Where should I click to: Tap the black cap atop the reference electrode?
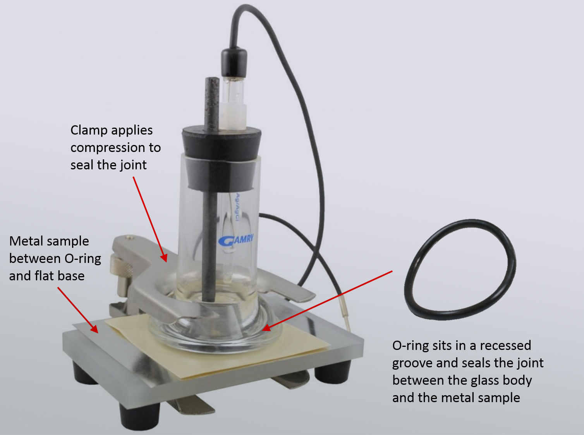pos(234,61)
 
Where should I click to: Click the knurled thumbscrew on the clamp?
pos(121,268)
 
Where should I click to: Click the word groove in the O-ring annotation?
pos(412,363)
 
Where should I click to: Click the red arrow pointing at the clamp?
pos(150,220)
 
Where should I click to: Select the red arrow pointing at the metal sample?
pos(78,310)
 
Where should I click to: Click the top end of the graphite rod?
pos(212,78)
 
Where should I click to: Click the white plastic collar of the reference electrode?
pos(233,116)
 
